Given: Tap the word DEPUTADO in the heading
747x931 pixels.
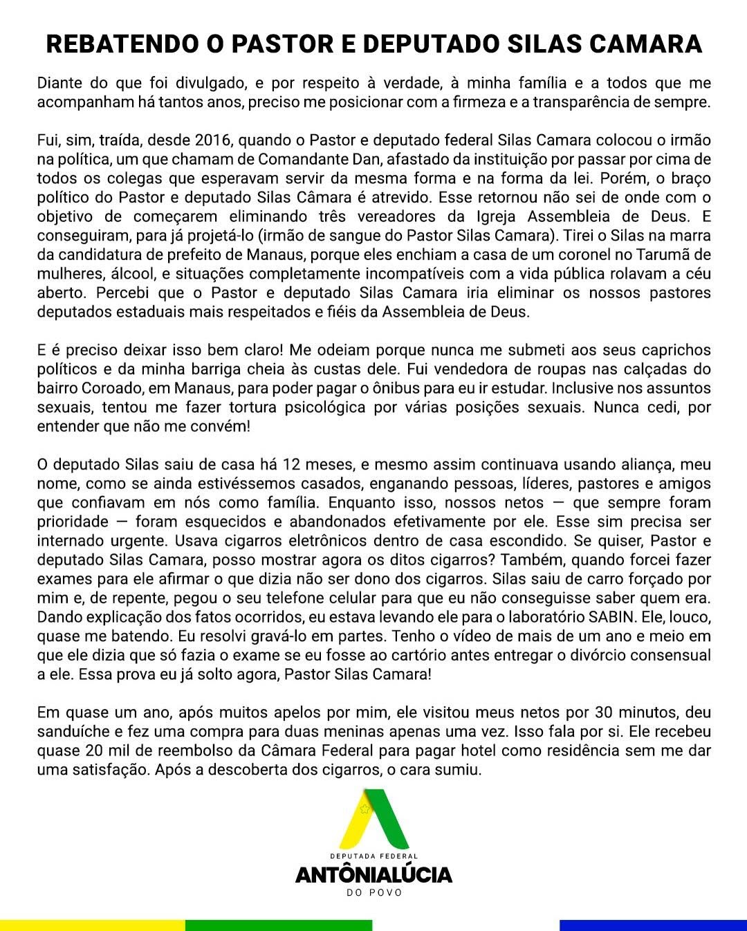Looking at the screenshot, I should [x=430, y=44].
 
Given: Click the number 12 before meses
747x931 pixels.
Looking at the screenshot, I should [x=293, y=465].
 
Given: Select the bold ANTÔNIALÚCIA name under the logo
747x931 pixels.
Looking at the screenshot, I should [x=374, y=875].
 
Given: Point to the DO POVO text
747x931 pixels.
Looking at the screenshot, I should [x=374, y=892].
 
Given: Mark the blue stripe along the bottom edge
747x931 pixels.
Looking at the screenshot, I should [x=653, y=925].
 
